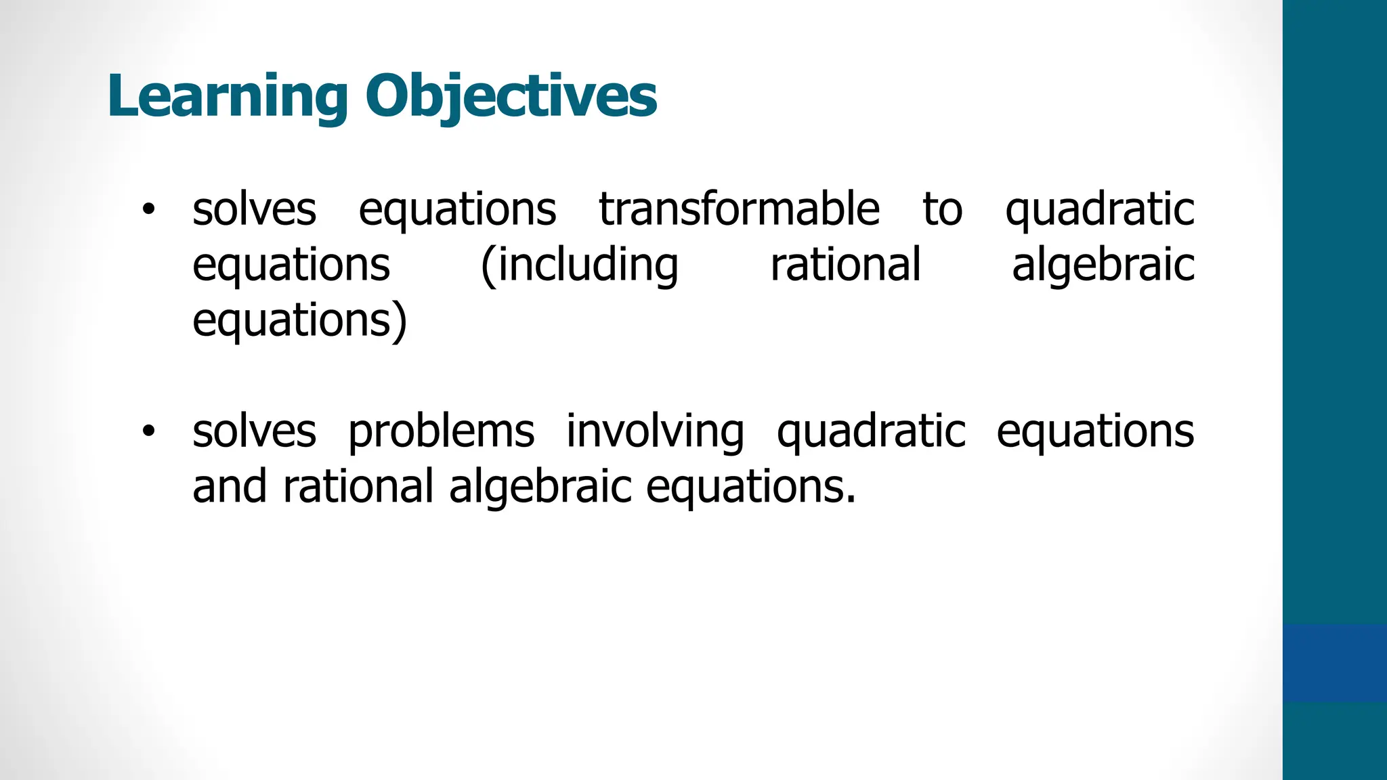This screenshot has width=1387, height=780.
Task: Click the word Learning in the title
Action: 228,96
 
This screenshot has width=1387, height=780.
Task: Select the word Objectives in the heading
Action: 511,96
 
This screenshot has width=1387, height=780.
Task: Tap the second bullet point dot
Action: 148,431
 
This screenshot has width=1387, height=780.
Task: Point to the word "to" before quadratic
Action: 942,210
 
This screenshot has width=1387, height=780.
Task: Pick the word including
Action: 586,265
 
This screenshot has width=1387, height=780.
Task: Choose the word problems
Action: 441,432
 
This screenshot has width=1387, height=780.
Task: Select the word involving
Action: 655,432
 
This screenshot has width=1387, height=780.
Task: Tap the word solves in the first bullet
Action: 254,210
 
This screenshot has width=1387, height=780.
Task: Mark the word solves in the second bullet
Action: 254,432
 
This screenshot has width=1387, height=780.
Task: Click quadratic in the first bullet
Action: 1099,210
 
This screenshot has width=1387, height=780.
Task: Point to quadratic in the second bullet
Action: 871,432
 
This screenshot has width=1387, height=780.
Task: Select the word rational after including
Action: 845,265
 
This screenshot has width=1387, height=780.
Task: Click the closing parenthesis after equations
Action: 401,321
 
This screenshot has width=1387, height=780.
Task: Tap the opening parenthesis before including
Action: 488,266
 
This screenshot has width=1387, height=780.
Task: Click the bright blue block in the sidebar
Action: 1334,663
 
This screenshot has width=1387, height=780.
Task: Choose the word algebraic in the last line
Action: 540,487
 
